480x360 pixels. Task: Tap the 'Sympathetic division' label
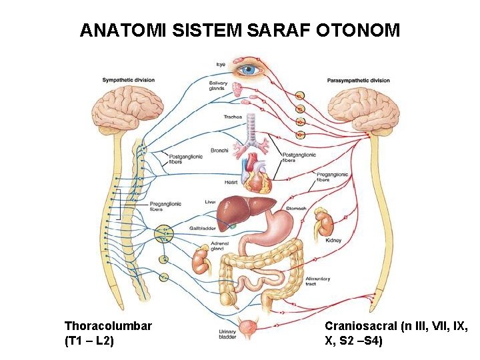[128, 81]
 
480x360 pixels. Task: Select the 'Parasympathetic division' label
[358, 81]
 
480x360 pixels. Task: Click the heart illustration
[256, 169]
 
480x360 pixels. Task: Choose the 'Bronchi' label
[219, 151]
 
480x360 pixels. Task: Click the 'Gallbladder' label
[202, 228]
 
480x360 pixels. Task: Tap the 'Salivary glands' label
[218, 86]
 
